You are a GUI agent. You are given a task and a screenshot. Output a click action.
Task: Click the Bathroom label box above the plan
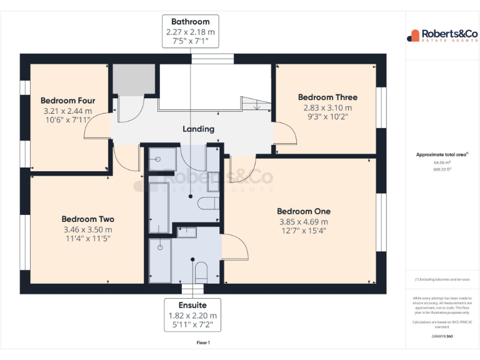(191, 32)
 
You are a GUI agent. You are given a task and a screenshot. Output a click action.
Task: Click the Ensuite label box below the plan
(193, 316)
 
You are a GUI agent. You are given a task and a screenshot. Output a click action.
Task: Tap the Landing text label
(198, 129)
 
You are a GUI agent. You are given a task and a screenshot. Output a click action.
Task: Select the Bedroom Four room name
(67, 101)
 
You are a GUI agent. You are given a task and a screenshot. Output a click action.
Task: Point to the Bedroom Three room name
(327, 97)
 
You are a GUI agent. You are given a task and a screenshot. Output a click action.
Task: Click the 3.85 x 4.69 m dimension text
(303, 221)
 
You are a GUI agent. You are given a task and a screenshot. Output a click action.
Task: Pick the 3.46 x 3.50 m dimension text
(87, 229)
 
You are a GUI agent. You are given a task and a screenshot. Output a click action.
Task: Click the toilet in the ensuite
(201, 271)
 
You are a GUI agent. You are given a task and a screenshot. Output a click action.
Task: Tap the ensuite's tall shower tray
(161, 259)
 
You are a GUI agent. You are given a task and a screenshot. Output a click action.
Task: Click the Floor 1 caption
(203, 342)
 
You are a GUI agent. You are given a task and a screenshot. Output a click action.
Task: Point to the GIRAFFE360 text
(442, 336)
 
